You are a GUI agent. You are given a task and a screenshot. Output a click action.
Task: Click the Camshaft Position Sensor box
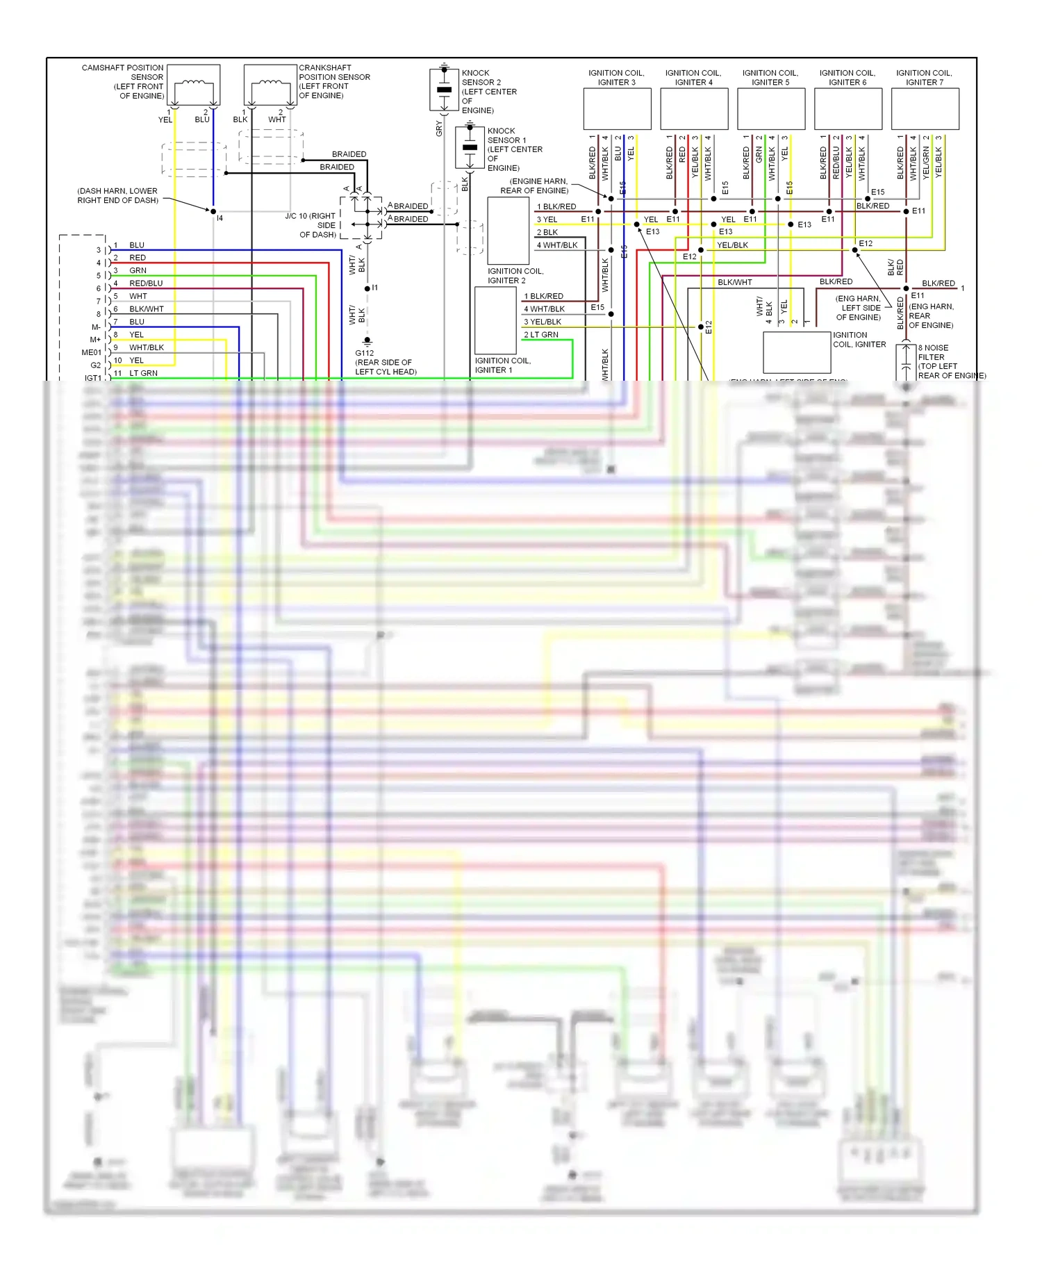194,85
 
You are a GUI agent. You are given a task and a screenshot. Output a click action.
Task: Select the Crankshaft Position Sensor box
270,85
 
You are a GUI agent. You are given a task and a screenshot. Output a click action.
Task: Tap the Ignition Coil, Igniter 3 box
617,108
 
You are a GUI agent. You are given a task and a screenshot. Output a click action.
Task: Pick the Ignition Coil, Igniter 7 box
925,108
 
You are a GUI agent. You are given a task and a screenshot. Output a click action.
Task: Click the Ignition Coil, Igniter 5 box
770,108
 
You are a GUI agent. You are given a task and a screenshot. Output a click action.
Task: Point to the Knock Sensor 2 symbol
444,90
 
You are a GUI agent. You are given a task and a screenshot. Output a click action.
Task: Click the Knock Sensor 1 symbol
470,147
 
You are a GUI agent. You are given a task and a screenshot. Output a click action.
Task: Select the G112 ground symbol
367,341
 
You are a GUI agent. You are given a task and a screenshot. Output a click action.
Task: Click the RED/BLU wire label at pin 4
146,283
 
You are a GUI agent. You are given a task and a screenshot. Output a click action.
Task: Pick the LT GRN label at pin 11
143,373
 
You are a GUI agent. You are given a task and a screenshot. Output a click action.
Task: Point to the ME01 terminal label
91,352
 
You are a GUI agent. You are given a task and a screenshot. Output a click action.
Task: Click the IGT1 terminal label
92,378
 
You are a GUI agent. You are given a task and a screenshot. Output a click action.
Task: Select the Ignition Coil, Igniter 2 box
508,231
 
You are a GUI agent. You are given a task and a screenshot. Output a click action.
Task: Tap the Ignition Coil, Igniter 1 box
495,320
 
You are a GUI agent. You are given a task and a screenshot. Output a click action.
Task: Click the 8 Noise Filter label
933,348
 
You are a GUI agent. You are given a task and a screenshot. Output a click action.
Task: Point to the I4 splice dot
213,211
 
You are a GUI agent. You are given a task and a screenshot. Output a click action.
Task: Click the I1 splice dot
367,288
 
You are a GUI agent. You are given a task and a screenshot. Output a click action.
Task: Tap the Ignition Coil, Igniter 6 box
847,108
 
